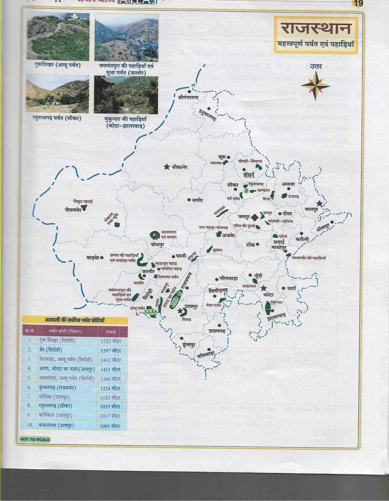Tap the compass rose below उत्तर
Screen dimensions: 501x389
tap(315, 85)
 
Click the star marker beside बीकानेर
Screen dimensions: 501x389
tap(167, 167)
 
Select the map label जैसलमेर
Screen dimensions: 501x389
tap(73, 210)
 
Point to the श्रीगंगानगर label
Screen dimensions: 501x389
tap(188, 97)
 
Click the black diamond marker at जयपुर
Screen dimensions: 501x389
tap(255, 217)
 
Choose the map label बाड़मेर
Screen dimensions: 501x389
tap(93, 258)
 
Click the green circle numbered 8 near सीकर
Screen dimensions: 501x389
tap(246, 190)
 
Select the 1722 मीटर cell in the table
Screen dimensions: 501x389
tap(111, 341)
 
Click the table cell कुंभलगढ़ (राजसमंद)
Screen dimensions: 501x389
tap(57, 388)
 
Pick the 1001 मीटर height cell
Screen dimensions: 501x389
tap(110, 426)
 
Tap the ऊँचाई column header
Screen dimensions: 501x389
tap(110, 331)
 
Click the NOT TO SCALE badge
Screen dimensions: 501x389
tap(35, 439)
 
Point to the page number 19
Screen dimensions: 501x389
tap(357, 3)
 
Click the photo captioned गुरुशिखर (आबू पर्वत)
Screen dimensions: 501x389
tap(58, 36)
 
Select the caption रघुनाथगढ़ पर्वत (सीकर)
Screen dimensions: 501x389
tap(57, 118)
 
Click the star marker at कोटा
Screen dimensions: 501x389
tap(264, 288)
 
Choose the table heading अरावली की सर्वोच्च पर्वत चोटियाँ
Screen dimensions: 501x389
tap(74, 320)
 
